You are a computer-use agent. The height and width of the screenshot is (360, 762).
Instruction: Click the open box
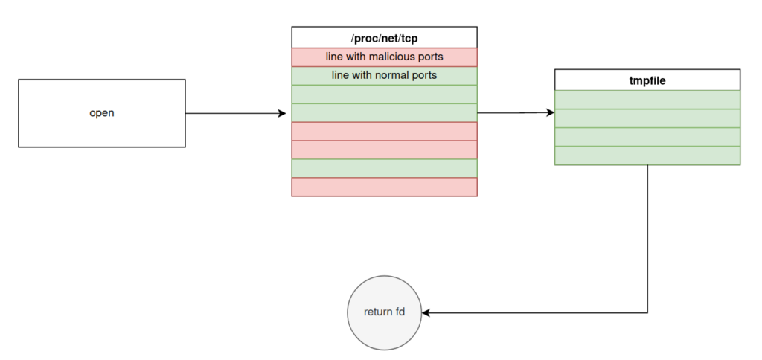point(102,113)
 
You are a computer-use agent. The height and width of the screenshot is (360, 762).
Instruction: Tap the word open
point(102,113)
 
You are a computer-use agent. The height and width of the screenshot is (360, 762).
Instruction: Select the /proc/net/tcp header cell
point(385,37)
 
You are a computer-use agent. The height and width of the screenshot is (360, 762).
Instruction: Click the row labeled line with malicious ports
point(385,57)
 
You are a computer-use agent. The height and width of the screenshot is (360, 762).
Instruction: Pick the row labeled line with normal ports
point(385,75)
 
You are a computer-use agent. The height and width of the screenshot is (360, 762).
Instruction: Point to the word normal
point(392,75)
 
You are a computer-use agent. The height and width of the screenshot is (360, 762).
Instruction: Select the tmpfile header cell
point(647,80)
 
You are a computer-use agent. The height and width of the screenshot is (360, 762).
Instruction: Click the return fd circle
point(385,313)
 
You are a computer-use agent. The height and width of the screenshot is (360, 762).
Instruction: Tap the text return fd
point(385,312)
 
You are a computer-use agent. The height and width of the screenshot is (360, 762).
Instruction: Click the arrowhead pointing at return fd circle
point(426,313)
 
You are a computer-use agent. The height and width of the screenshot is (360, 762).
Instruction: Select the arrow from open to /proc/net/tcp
point(236,113)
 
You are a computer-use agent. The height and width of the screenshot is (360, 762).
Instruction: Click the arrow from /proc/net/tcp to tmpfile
point(516,113)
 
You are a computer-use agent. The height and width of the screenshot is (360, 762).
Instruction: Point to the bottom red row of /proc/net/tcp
point(385,187)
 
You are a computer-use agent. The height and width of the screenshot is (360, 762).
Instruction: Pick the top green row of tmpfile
point(647,100)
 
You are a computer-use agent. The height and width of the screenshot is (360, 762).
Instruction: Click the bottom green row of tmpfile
point(647,155)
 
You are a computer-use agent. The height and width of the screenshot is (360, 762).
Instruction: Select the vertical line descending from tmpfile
point(648,239)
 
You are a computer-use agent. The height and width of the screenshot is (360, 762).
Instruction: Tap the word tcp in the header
point(409,38)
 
